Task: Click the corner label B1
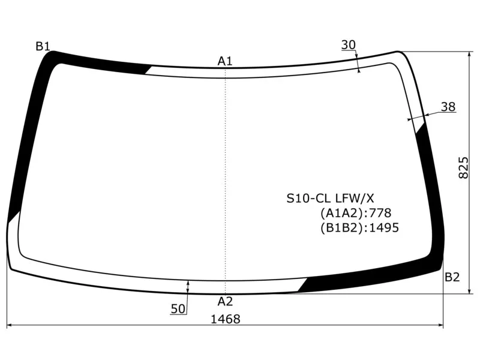(x=43, y=46)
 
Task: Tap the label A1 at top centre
(x=225, y=61)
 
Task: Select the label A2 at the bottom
(x=226, y=302)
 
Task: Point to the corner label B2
(x=452, y=277)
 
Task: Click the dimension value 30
(x=349, y=45)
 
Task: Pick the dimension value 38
(x=448, y=107)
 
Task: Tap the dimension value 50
(x=178, y=309)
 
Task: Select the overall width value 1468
(x=226, y=319)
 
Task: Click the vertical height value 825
(x=463, y=167)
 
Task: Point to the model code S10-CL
(x=308, y=199)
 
